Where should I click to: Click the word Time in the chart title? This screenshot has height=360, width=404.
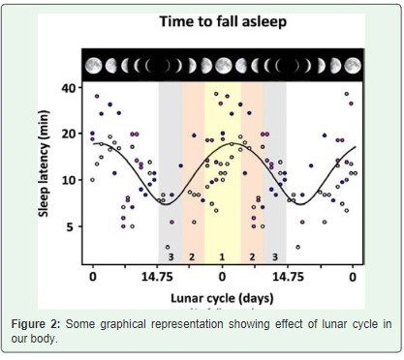176,21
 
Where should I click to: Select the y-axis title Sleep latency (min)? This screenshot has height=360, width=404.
44,164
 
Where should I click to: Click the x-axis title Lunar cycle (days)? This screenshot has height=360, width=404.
222,298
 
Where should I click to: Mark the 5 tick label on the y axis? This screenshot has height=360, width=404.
71,226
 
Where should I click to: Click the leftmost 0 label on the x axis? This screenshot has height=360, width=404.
93,277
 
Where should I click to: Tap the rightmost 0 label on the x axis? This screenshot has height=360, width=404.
353,277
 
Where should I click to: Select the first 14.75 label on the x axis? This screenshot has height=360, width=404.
157,277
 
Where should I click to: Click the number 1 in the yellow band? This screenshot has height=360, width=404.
222,257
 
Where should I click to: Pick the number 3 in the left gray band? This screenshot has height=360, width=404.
171,257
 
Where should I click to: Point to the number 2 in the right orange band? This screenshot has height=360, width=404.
252,257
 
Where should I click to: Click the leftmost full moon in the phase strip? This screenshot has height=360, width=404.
94,66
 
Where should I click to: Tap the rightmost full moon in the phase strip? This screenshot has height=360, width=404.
353,66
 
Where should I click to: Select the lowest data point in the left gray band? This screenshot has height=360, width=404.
168,247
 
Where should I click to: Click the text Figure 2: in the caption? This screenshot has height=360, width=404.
36,324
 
